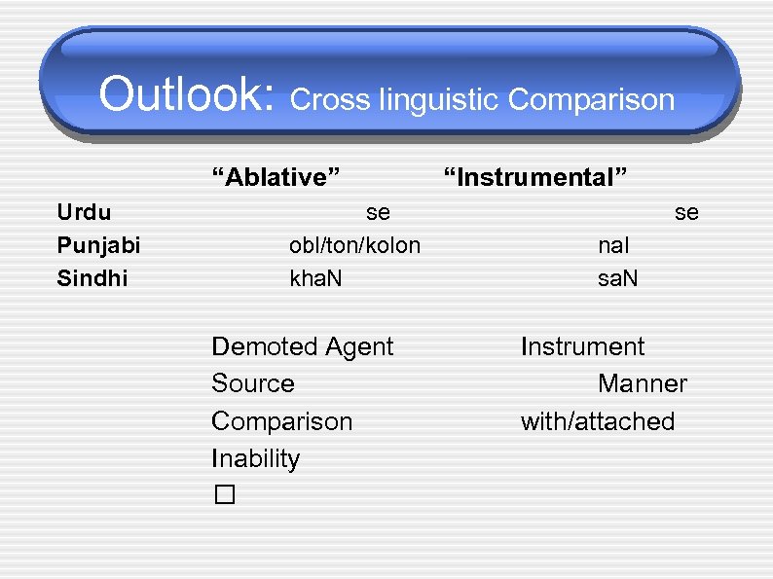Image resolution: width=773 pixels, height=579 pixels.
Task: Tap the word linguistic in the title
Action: [443, 100]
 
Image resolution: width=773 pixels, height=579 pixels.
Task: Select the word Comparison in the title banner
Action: [591, 100]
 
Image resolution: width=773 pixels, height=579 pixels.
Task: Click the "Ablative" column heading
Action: [276, 177]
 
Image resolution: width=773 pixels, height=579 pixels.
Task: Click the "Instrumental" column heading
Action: [535, 177]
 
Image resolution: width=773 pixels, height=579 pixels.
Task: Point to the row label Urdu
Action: [84, 212]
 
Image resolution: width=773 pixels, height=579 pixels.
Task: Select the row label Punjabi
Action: [98, 245]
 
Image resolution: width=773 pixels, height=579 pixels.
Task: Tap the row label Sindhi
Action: [92, 279]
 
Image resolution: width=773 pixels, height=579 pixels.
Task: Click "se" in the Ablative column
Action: [378, 212]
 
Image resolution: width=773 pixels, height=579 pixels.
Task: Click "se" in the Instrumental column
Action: [686, 212]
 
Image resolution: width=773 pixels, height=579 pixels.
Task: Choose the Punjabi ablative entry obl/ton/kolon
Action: [354, 245]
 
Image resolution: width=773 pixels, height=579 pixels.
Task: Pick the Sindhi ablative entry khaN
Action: [315, 279]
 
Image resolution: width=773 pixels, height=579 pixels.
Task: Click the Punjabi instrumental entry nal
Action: [613, 245]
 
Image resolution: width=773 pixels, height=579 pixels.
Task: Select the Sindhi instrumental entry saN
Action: [618, 279]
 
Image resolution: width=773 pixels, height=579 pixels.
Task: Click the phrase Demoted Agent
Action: [302, 347]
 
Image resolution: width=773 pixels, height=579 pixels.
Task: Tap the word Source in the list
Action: [252, 384]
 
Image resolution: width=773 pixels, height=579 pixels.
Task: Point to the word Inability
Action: [255, 458]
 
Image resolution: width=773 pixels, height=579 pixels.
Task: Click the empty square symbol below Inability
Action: [225, 495]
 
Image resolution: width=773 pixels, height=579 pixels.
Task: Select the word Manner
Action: [642, 384]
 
